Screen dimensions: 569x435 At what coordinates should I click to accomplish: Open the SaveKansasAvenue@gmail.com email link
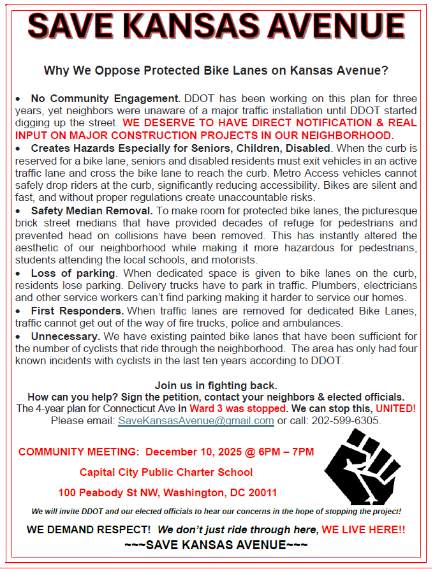tap(196, 421)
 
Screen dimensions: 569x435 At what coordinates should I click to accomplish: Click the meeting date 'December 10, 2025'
tap(194, 452)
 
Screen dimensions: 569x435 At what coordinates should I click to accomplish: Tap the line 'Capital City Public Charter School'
tap(166, 472)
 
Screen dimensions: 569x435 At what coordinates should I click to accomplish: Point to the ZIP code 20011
tap(263, 492)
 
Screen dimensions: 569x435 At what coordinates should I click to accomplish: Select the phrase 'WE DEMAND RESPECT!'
tap(89, 529)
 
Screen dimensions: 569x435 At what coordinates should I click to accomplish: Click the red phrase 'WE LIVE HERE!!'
tap(363, 529)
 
